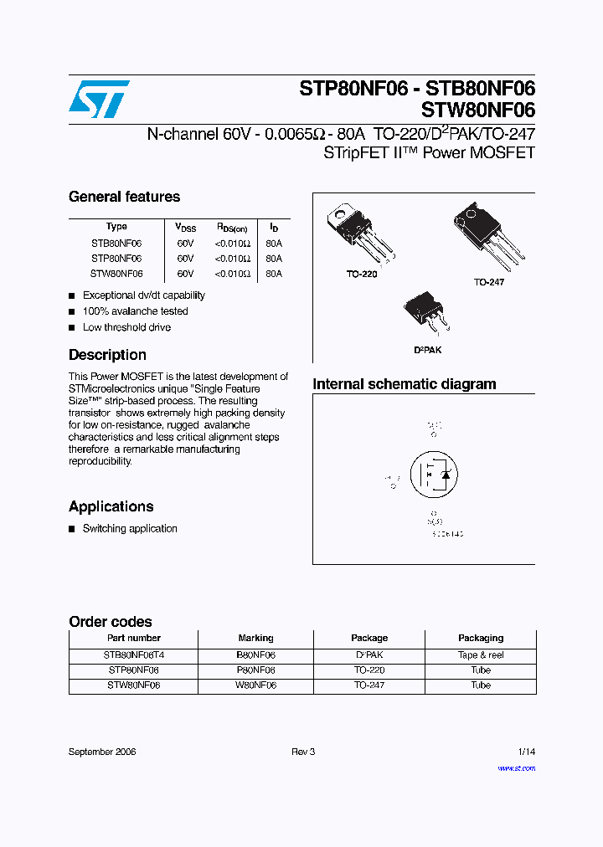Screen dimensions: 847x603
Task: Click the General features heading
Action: click(x=124, y=198)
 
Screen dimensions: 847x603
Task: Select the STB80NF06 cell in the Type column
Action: click(x=116, y=244)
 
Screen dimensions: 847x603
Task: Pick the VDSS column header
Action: click(x=185, y=228)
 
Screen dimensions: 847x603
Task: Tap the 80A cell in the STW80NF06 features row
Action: click(x=273, y=274)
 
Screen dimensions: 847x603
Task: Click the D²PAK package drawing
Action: click(x=426, y=316)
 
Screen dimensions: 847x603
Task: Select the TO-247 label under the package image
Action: click(x=489, y=283)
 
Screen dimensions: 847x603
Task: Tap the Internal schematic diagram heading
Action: click(x=405, y=385)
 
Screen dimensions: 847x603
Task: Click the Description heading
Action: click(x=107, y=355)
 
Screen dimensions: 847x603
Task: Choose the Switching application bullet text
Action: click(x=130, y=529)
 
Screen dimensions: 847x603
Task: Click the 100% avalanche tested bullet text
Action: click(x=135, y=311)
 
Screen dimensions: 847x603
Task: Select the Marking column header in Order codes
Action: click(x=255, y=638)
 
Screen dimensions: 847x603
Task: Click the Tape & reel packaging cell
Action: click(x=481, y=655)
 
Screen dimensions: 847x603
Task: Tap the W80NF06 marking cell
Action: click(x=255, y=685)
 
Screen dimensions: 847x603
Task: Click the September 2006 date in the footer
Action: click(x=102, y=752)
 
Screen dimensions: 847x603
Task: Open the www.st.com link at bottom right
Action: click(x=516, y=767)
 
